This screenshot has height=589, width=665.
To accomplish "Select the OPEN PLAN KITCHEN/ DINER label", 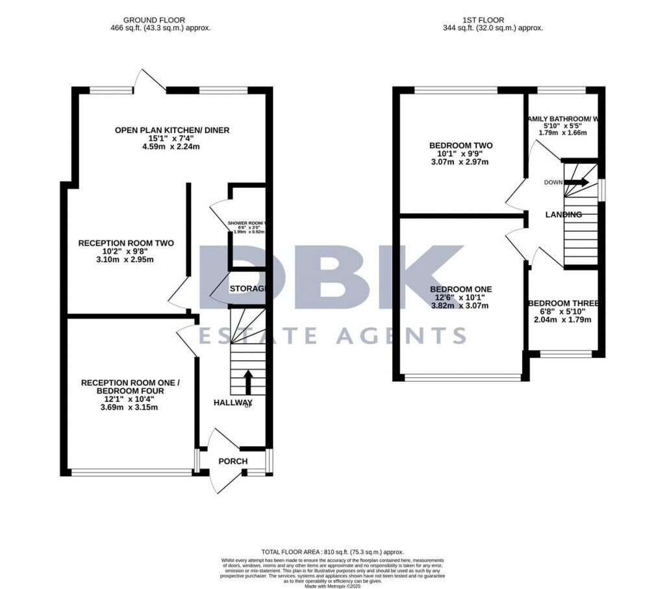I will (x=172, y=131).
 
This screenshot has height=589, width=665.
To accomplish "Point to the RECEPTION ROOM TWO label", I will (x=126, y=244).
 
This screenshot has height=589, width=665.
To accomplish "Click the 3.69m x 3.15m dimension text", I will (x=129, y=408).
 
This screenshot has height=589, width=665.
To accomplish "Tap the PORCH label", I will (x=232, y=462).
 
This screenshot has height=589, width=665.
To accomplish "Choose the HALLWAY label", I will (x=233, y=403).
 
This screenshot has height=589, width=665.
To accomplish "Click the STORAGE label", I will (x=247, y=288).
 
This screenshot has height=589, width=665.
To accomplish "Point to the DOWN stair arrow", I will (x=575, y=182).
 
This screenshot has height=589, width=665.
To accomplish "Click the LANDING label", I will (x=563, y=215).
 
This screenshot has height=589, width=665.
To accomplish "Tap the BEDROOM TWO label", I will (x=461, y=145).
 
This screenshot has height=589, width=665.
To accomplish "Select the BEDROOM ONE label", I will (x=461, y=290).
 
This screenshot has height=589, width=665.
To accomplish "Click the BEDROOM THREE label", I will (x=564, y=303).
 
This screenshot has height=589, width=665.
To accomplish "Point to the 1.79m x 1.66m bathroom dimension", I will (x=562, y=132).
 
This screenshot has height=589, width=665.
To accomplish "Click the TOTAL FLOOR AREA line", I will (x=332, y=549).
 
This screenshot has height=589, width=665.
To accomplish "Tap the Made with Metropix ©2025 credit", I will (x=332, y=581).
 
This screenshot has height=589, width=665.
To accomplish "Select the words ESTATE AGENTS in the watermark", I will (x=332, y=335).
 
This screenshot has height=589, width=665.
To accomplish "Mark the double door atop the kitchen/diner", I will (x=148, y=81).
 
